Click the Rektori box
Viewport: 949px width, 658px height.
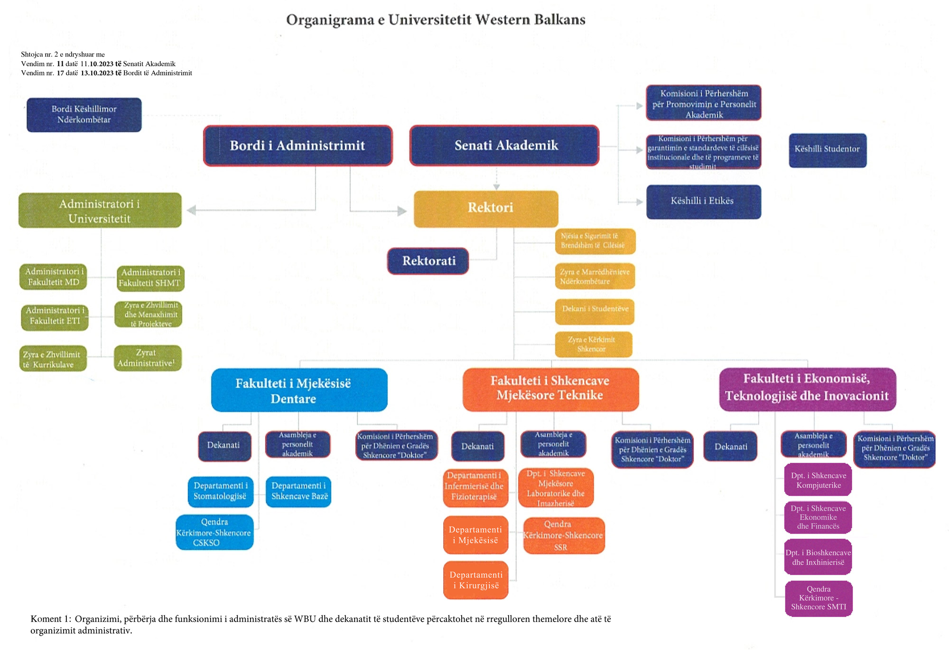click(486, 209)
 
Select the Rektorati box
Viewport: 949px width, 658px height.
click(428, 261)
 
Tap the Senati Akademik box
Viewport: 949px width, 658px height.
click(504, 145)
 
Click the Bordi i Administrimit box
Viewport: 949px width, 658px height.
click(298, 145)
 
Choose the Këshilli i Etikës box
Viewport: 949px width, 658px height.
click(703, 201)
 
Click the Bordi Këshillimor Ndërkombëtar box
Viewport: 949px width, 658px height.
click(84, 114)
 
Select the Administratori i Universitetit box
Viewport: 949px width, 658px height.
click(100, 210)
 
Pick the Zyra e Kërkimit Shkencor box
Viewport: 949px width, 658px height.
click(593, 344)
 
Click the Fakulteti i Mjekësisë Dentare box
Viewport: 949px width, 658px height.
click(299, 390)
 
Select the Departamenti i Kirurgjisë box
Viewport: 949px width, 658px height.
click(475, 580)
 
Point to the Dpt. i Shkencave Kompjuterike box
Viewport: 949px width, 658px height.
click(818, 480)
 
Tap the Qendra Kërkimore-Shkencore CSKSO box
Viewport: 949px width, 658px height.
click(214, 532)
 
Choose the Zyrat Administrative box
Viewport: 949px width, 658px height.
click(148, 358)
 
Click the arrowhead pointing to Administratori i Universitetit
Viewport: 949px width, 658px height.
click(191, 210)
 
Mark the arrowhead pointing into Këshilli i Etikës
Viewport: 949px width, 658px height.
click(639, 202)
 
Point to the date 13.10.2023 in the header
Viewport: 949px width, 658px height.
click(97, 73)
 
